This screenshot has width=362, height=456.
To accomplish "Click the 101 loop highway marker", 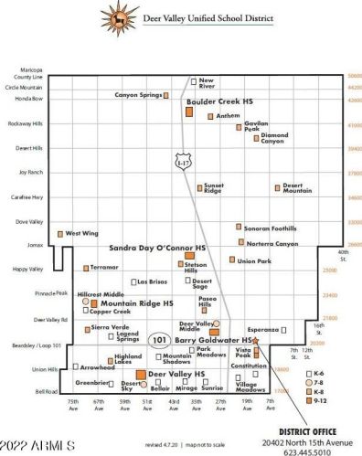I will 160,339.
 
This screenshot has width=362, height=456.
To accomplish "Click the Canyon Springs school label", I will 138,94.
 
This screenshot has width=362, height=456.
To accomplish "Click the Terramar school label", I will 104,267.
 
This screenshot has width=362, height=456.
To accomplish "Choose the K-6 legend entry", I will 318,373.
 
